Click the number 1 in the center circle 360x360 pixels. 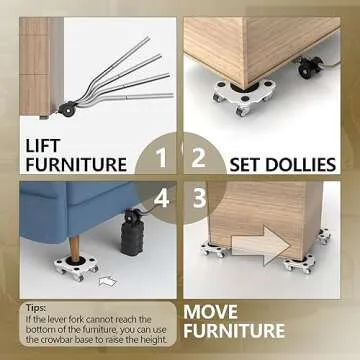pos(161,157)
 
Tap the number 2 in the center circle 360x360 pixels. pos(198,157)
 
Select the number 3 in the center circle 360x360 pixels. pos(198,198)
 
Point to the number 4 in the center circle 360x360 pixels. pos(161,198)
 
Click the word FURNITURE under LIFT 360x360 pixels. pos(75,164)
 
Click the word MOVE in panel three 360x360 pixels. pos(213,311)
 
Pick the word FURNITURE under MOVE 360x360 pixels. pos(234,331)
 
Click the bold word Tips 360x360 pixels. pos(37,309)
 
